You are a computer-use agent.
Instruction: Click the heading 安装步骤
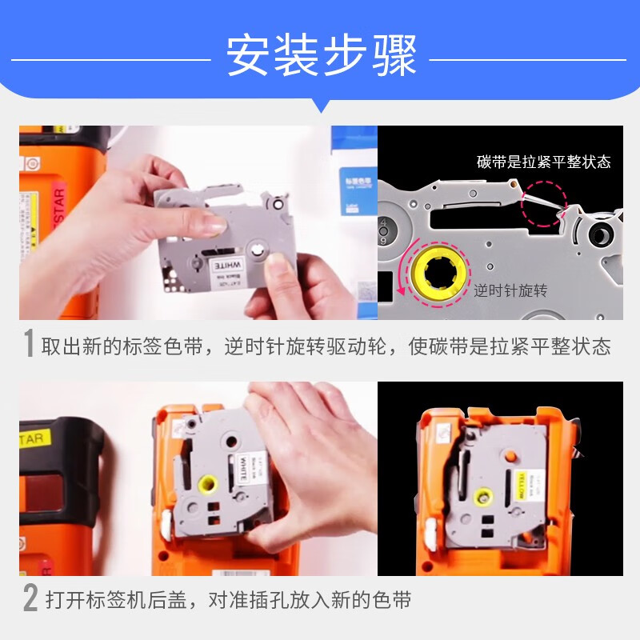[x=320, y=57]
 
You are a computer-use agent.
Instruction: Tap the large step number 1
[x=28, y=345]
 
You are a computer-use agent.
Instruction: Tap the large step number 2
[x=30, y=598]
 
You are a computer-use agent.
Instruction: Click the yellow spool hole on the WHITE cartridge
[x=207, y=485]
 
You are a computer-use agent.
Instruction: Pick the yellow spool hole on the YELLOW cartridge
[x=482, y=497]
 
